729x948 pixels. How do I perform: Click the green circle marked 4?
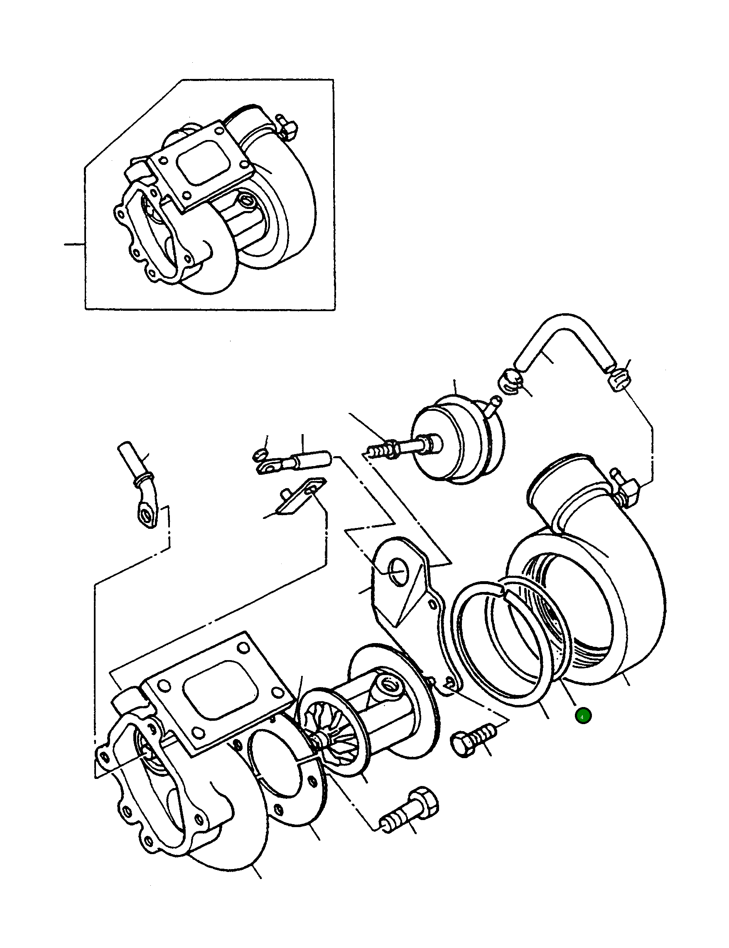point(583,716)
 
